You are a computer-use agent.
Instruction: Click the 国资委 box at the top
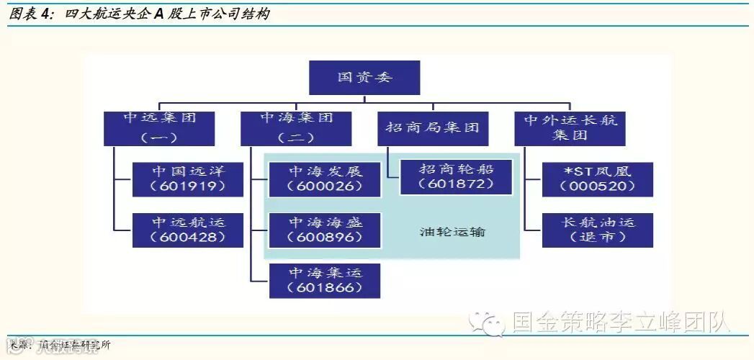click(364, 77)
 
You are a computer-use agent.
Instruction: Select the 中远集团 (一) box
click(159, 127)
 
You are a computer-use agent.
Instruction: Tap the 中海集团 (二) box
click(296, 127)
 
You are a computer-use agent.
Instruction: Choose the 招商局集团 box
click(432, 128)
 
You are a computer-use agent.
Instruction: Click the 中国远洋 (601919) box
click(188, 179)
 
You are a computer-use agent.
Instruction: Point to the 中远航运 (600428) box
click(188, 230)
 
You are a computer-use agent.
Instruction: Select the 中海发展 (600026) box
click(325, 179)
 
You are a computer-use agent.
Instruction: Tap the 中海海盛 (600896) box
click(325, 230)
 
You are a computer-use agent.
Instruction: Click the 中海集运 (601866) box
click(325, 280)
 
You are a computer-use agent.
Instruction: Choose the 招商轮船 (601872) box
click(456, 177)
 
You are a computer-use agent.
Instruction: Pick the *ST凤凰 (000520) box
click(598, 179)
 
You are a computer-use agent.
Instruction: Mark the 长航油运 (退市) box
click(598, 230)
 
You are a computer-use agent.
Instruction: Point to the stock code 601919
click(188, 186)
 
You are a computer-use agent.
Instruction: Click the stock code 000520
click(598, 186)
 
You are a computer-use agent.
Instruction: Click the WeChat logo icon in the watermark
click(488, 324)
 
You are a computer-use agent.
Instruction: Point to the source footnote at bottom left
click(60, 346)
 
